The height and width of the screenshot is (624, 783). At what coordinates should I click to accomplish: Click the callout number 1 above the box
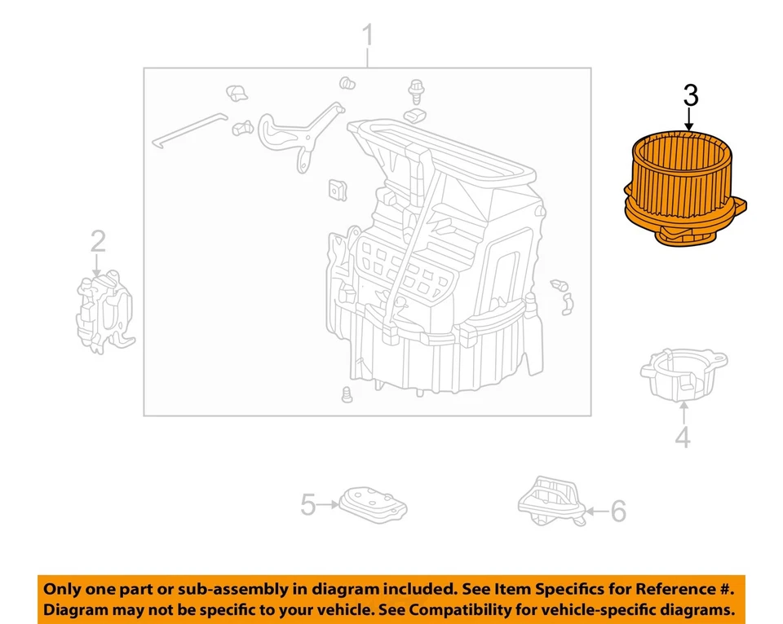click(367, 37)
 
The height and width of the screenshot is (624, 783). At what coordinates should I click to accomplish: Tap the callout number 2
click(98, 241)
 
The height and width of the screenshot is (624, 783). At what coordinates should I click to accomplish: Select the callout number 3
click(690, 95)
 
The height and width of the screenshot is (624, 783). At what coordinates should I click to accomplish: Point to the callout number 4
click(683, 437)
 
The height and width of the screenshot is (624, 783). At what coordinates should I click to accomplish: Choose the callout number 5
click(307, 505)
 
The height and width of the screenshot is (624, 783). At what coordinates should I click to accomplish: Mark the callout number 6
click(618, 512)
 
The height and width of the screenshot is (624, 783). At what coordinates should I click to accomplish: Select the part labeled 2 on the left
click(104, 314)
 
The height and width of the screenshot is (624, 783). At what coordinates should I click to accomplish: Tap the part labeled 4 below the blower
click(683, 374)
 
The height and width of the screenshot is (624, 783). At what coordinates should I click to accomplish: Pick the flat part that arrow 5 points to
click(373, 505)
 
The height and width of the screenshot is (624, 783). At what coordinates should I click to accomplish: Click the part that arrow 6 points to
click(551, 499)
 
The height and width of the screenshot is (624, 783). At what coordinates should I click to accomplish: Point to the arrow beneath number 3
click(690, 121)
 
